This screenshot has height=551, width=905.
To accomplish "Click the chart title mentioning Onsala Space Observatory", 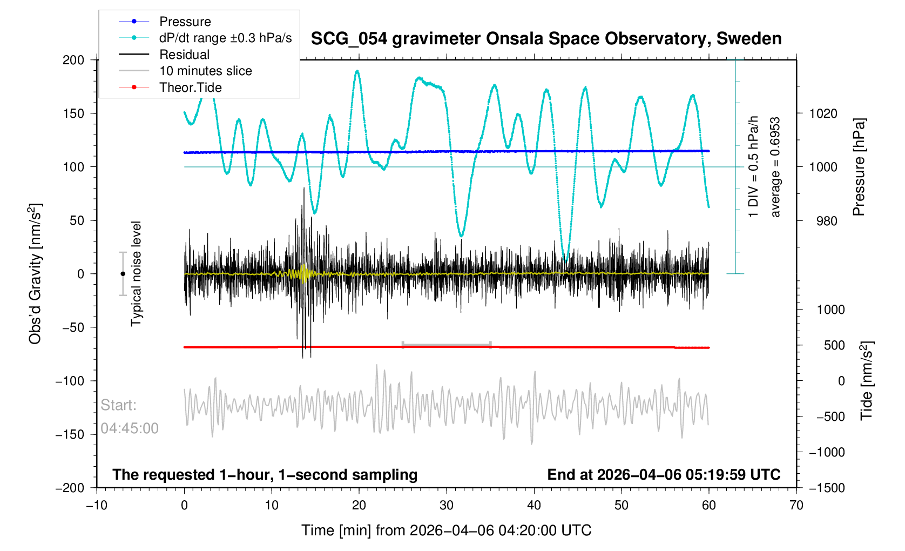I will click(x=546, y=39).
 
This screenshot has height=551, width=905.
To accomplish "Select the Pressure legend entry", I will click(x=185, y=22).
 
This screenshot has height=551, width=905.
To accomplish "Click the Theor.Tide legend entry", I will click(x=190, y=88).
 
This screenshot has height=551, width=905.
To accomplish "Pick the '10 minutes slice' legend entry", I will click(x=205, y=71).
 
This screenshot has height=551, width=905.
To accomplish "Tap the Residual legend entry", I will click(x=184, y=55).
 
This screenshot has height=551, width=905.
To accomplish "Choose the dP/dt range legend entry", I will click(x=225, y=38).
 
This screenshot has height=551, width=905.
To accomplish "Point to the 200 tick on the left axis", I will click(x=73, y=60).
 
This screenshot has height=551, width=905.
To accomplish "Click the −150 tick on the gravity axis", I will click(x=70, y=434).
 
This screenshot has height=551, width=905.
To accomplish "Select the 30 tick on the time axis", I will click(x=447, y=506).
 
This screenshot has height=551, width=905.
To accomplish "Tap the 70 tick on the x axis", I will click(x=796, y=506).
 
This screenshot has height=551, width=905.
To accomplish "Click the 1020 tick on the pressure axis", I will click(x=823, y=113).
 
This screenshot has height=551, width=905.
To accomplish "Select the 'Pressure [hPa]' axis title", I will click(x=859, y=167).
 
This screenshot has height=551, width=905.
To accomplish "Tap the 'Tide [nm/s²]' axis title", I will click(x=867, y=381).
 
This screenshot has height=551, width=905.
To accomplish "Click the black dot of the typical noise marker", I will click(x=123, y=274).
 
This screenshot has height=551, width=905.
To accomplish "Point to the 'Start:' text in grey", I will click(x=119, y=405).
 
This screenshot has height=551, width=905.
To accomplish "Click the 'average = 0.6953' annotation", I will click(x=775, y=167).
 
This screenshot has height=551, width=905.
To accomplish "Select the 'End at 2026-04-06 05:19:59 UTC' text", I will click(x=664, y=475).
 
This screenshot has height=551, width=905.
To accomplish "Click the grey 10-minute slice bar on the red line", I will click(x=447, y=345).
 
